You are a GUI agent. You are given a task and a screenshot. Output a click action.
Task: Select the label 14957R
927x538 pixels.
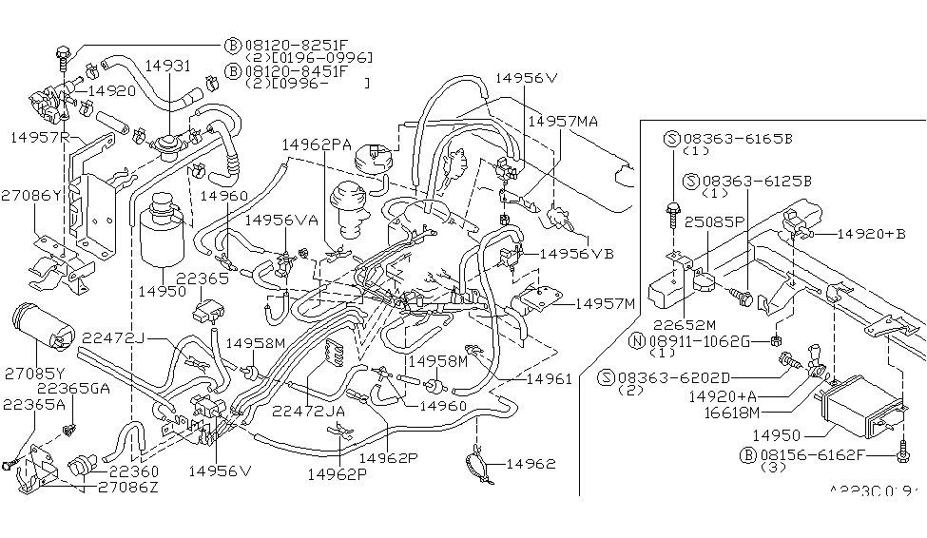click(40, 137)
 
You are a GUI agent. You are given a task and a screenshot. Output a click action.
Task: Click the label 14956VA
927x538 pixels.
click(281, 220)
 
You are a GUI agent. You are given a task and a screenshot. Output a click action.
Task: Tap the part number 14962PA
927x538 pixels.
click(317, 144)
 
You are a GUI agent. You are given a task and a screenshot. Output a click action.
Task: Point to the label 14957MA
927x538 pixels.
click(563, 121)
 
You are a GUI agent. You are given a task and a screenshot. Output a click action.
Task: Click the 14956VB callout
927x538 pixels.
click(577, 254)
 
